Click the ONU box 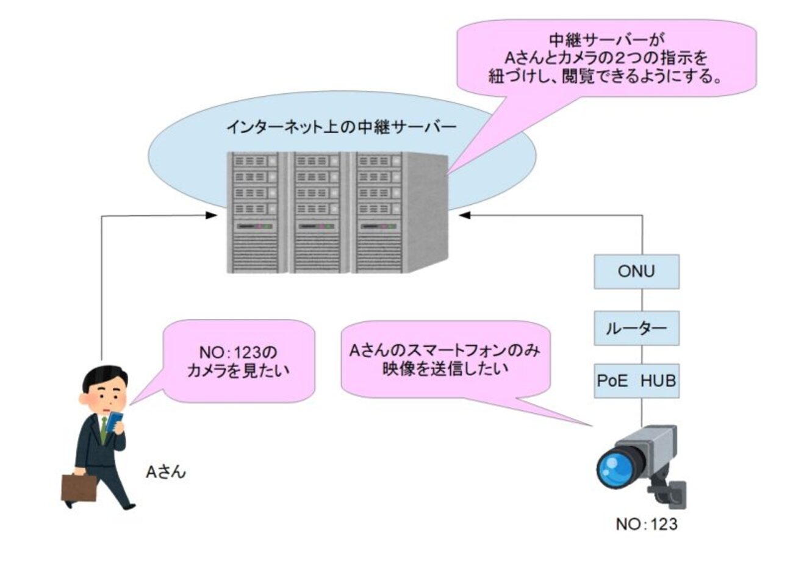tap(636, 271)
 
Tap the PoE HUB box tap(636, 382)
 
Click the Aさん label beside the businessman tap(165, 471)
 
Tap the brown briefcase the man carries tap(79, 487)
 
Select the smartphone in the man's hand tap(115, 421)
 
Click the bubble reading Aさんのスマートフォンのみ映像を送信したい tap(445, 360)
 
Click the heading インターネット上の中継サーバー tap(341, 127)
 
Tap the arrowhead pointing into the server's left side tap(212, 215)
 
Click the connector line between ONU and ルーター tap(641, 299)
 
